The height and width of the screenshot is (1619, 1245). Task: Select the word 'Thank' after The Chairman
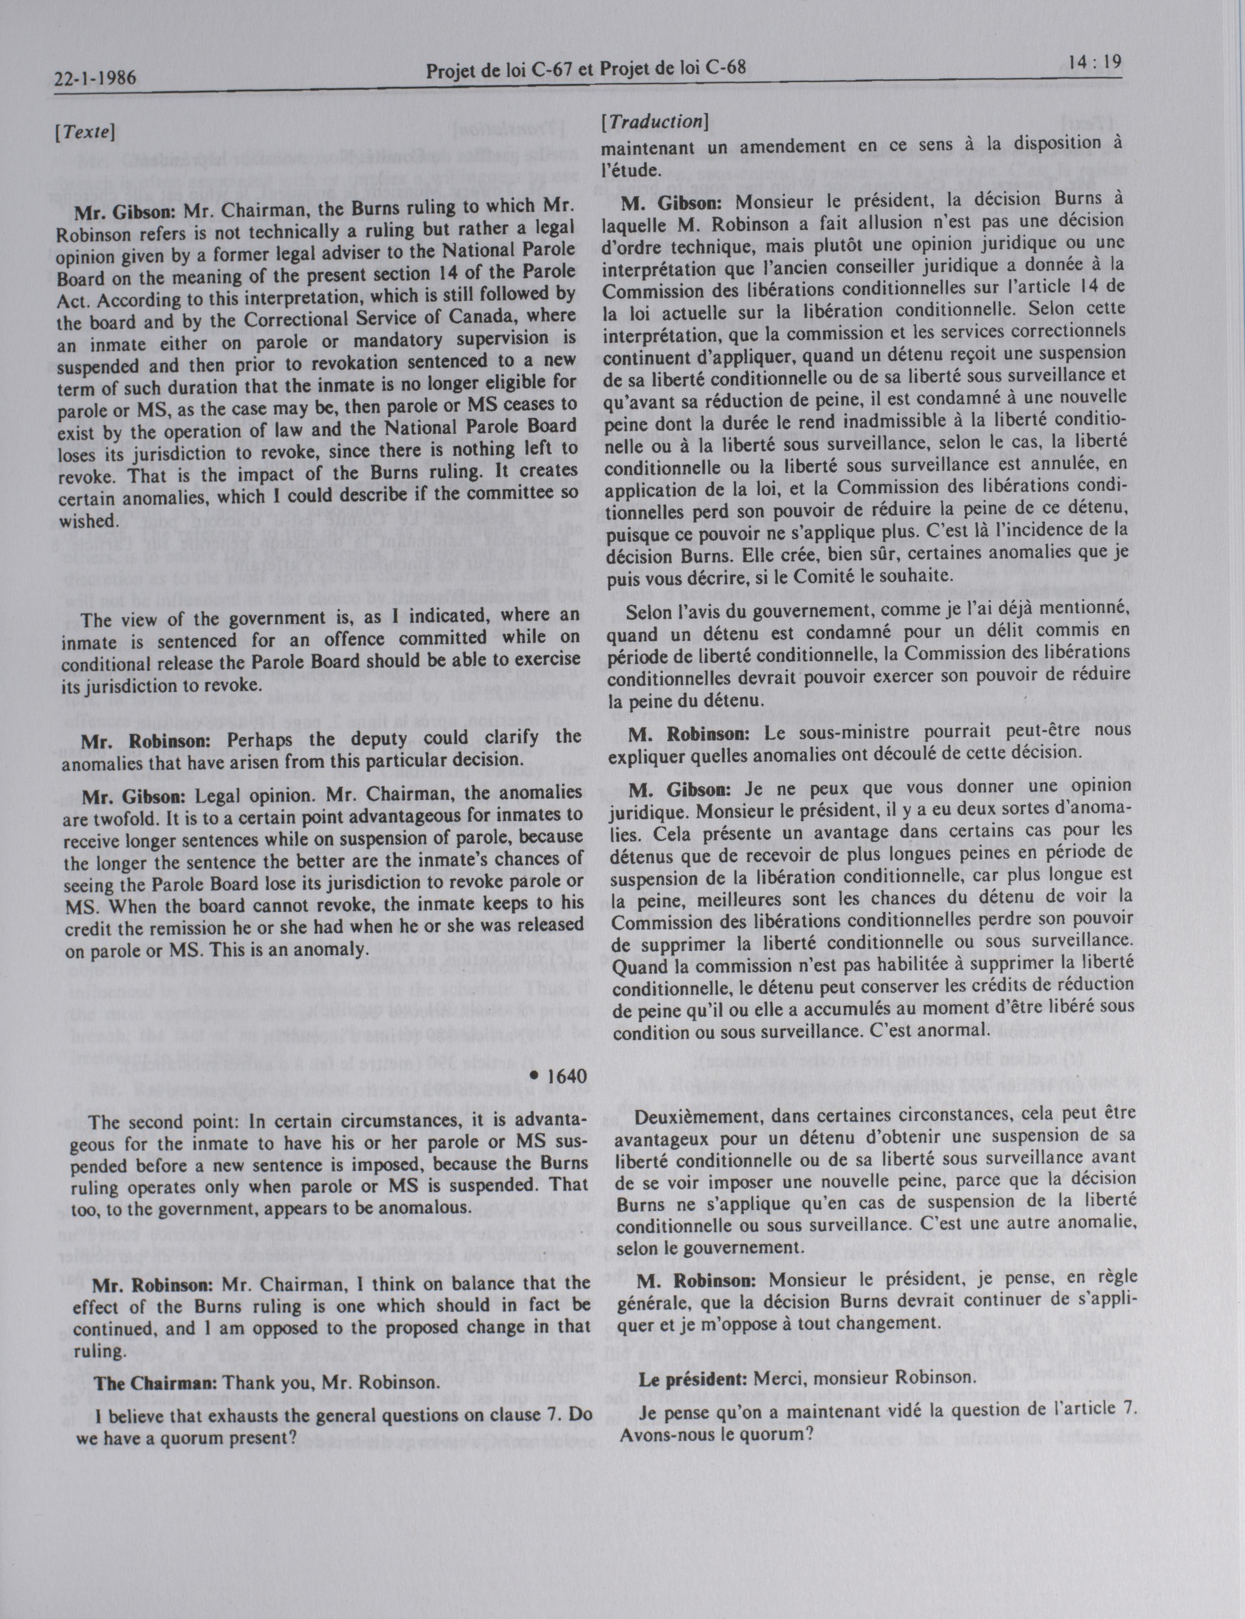[251, 1383]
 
